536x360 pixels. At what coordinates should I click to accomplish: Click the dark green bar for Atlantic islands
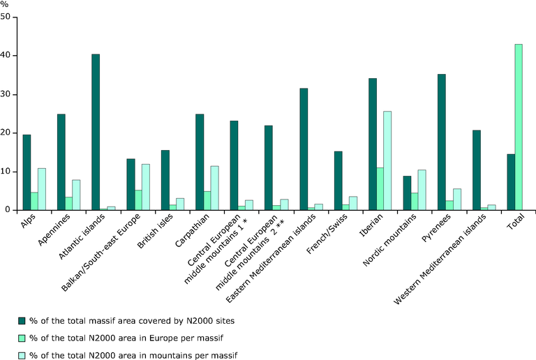[96, 132]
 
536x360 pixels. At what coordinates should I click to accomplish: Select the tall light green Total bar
[519, 127]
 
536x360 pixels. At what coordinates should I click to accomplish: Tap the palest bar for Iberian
[387, 160]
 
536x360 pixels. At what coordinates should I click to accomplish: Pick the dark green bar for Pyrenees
[441, 142]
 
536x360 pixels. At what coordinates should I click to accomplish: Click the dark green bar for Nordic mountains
[407, 193]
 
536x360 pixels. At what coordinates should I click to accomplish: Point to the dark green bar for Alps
[27, 172]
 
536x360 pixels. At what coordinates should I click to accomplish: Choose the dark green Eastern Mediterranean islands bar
[304, 149]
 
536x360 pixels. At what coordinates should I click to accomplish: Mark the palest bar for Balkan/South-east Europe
[146, 187]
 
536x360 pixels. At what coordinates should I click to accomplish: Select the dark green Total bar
[511, 182]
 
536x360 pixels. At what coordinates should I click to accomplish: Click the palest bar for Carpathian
[215, 188]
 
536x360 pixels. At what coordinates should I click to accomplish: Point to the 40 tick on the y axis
[15, 55]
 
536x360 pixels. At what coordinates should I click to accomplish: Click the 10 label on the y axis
[5, 172]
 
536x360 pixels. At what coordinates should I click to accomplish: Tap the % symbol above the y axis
[4, 4]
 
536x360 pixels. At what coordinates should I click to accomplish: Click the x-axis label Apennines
[54, 229]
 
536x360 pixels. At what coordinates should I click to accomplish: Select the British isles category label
[155, 231]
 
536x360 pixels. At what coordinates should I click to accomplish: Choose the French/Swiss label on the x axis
[327, 234]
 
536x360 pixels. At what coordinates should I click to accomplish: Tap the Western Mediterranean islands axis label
[440, 259]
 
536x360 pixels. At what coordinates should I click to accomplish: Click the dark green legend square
[22, 321]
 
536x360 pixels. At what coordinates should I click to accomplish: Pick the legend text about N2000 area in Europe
[126, 338]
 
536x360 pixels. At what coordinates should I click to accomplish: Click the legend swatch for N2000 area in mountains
[22, 356]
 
